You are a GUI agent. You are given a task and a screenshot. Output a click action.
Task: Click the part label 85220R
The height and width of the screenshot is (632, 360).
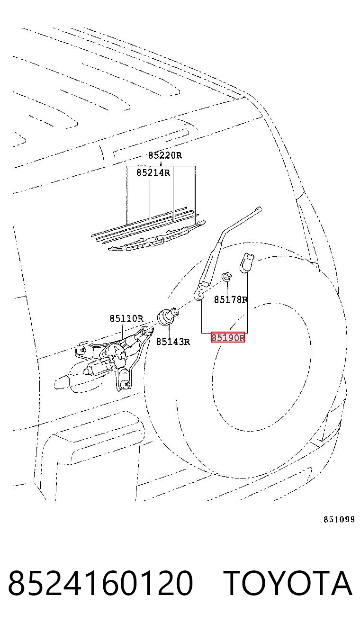165,155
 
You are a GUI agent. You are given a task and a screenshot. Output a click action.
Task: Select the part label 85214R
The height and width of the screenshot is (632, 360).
153,172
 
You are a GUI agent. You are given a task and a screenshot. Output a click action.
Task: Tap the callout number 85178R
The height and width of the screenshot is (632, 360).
231,299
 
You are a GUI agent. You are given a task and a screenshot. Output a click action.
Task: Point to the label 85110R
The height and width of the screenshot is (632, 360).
126,318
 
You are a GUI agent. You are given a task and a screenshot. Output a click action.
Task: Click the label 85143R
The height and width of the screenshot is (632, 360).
173,342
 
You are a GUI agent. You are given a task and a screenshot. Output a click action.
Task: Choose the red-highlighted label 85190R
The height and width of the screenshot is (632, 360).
228,337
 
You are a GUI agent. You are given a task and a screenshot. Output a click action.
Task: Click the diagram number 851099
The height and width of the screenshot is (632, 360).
339,519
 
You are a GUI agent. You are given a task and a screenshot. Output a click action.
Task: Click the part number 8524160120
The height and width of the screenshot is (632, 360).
100,583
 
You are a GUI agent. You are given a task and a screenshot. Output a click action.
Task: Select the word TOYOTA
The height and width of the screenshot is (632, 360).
288,583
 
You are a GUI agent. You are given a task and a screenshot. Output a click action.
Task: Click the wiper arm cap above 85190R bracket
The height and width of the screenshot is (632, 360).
246,263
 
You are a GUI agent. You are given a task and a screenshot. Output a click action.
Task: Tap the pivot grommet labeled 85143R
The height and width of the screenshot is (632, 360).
166,316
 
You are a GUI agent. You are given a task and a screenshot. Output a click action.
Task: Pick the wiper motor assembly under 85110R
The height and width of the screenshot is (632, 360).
114,358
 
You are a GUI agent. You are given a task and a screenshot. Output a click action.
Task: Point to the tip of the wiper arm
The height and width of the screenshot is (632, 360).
259,209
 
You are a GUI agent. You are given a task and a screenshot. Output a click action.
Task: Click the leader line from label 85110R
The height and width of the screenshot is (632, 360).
122,331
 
